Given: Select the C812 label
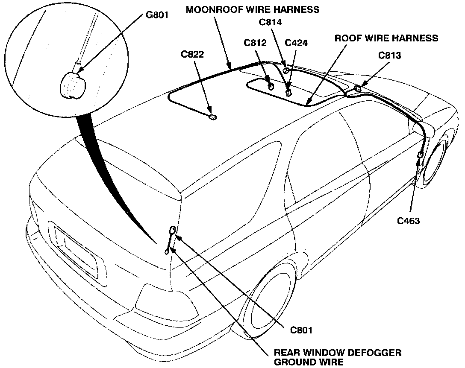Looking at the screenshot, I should pos(256,43).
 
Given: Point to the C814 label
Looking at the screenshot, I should pos(271,23).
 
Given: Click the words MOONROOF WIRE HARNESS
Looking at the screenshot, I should pos(253,10).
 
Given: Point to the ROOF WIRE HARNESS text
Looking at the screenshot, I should pos(386,38).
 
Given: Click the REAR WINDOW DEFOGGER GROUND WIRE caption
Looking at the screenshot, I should pos(338,357).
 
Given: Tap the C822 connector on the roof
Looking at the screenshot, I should pos(212,116).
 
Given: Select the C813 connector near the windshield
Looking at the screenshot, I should pos(357,88).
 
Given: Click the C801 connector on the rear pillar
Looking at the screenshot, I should pos(172,231).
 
